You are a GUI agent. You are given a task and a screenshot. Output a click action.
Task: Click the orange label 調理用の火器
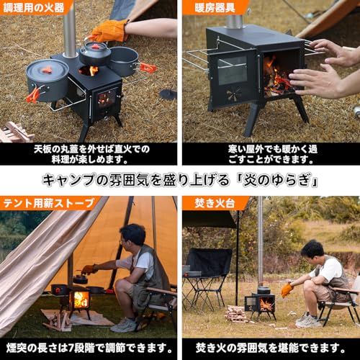35,8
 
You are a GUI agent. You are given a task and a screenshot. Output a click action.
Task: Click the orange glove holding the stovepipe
109,30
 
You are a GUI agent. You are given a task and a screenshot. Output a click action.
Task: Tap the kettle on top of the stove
95,53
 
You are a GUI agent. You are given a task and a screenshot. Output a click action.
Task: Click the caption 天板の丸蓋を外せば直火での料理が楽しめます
89,154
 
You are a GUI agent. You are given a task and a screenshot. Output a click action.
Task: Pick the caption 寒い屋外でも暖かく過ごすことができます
269,154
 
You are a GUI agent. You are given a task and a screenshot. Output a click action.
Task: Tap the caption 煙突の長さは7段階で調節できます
89,346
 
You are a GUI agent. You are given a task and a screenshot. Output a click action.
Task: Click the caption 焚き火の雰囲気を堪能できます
269,346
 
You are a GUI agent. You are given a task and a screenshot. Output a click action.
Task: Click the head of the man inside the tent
132,235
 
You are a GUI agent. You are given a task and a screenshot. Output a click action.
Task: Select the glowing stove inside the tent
80,297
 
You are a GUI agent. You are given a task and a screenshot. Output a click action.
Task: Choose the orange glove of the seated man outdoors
287,289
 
